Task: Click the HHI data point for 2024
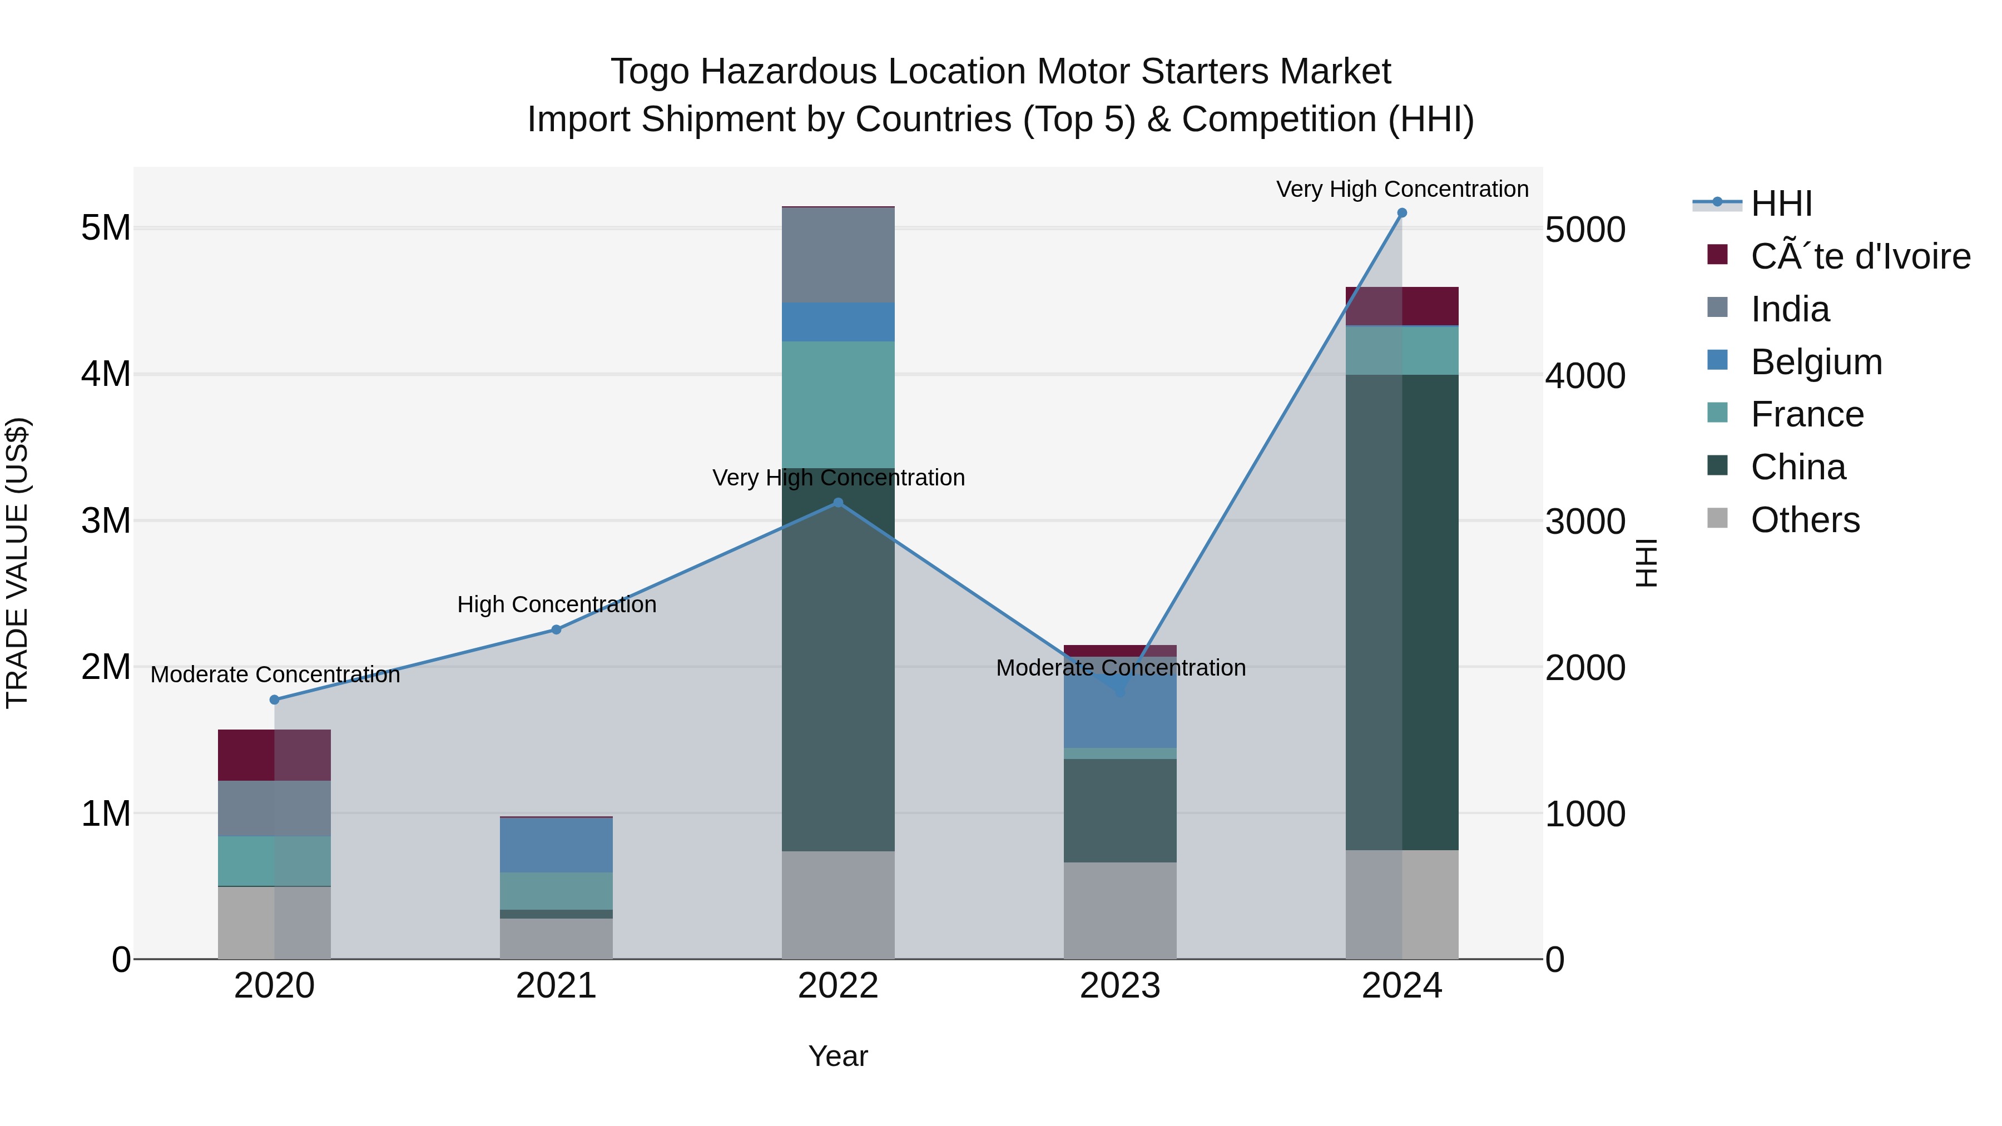[x=1402, y=213]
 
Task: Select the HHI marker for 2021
[x=557, y=629]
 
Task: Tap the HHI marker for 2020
[x=274, y=700]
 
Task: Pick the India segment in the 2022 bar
[x=838, y=255]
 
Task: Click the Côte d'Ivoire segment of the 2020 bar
[x=274, y=755]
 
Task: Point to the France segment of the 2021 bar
[x=557, y=891]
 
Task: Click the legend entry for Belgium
[x=1816, y=362]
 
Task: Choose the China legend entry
[x=1797, y=467]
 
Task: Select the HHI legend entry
[x=1781, y=204]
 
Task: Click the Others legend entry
[x=1805, y=520]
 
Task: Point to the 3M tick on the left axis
[x=106, y=520]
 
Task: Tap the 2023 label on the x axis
[x=1120, y=986]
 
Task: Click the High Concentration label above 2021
[x=557, y=604]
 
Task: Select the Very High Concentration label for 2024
[x=1402, y=189]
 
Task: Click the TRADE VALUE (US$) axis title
[x=17, y=563]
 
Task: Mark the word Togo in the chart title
[x=650, y=72]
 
